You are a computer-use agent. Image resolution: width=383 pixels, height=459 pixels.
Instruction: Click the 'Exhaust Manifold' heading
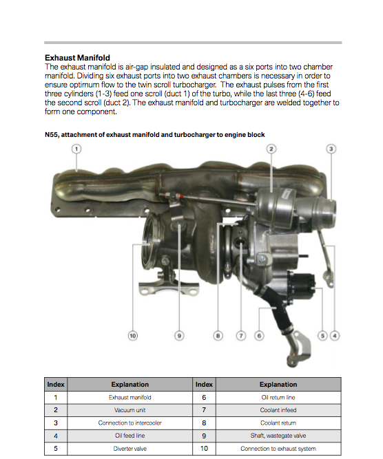77,58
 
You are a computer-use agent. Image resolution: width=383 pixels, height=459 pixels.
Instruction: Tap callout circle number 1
76,149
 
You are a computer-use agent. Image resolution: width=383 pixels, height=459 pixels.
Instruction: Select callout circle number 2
271,149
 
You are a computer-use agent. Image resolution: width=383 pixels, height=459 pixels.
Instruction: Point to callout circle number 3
331,149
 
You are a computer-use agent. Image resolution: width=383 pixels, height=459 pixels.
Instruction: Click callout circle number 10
133,335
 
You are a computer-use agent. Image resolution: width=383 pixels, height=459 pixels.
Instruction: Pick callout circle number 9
179,335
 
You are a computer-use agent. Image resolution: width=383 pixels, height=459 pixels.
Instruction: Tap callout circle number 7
241,335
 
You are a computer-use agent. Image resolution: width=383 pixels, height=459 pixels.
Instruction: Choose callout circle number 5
322,335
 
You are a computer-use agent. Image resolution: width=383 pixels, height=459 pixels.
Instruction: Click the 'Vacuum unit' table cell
130,410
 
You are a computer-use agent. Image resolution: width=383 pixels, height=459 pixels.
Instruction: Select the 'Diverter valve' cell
130,449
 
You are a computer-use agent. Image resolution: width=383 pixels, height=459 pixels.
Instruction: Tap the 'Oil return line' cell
278,397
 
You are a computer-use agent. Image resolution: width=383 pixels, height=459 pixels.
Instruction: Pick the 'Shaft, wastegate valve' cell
278,436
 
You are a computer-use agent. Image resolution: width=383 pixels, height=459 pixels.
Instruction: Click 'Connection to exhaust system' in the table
278,449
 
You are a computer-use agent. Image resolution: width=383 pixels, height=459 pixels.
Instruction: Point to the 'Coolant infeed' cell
278,410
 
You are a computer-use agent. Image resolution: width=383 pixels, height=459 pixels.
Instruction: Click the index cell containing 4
56,436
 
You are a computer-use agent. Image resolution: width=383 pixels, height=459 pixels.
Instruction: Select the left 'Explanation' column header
130,385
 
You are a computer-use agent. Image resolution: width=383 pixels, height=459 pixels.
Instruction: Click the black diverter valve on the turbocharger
301,286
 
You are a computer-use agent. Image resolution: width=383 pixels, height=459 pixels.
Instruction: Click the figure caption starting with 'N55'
155,135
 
